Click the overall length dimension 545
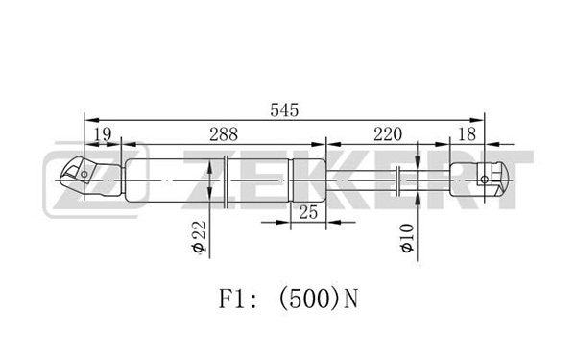point(284,110)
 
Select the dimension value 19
point(103,134)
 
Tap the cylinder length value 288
point(224,134)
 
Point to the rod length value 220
point(388,134)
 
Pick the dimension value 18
point(468,134)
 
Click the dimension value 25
point(308,212)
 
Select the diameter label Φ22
point(199,237)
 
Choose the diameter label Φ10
point(407,238)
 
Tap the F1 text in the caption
point(231,299)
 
